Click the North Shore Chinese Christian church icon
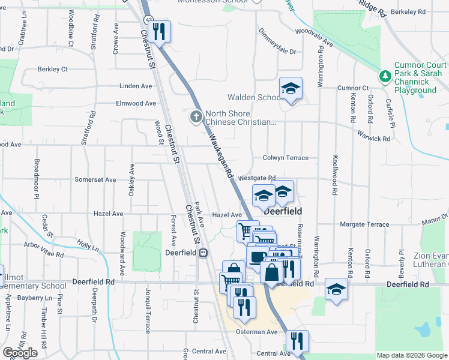(196, 116)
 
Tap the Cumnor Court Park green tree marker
(385, 76)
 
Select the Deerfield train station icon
(204, 253)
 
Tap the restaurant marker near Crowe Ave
(158, 31)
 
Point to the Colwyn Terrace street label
(285, 158)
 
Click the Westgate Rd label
(256, 178)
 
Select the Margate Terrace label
(364, 224)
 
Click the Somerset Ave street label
(95, 179)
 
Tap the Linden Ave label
(136, 86)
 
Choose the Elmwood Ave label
(136, 103)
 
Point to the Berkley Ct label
(53, 69)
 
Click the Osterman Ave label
(257, 332)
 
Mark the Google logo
(20, 353)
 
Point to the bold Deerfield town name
(282, 212)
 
